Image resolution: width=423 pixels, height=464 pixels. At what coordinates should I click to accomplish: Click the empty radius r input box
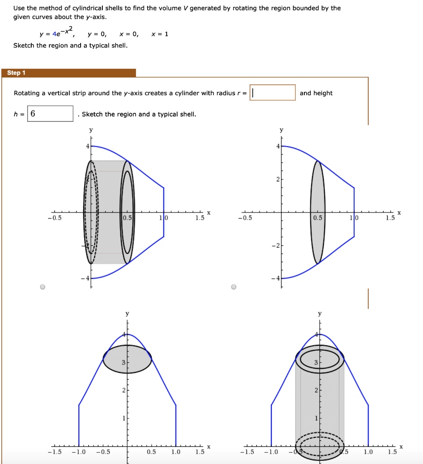(x=273, y=93)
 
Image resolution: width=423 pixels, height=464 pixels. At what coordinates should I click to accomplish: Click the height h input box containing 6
(x=50, y=114)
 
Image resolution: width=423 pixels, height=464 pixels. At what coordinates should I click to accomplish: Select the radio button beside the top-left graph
(x=43, y=287)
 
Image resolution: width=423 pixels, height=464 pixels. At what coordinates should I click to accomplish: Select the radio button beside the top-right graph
(x=234, y=287)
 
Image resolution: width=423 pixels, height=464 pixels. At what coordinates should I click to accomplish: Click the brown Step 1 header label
(x=17, y=73)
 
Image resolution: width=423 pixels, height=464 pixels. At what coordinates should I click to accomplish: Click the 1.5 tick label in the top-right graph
(x=390, y=218)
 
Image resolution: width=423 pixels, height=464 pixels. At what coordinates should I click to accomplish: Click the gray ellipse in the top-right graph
(x=317, y=212)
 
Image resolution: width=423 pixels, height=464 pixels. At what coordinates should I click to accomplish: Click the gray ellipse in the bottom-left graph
(x=127, y=359)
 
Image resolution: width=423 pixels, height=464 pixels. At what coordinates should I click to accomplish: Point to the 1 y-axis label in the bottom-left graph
(x=123, y=419)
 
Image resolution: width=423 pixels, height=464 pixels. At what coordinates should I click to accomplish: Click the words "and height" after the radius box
(x=316, y=93)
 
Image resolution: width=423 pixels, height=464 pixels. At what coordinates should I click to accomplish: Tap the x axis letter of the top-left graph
(x=208, y=213)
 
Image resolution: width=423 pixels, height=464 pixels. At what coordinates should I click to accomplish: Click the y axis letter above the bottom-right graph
(x=320, y=314)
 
